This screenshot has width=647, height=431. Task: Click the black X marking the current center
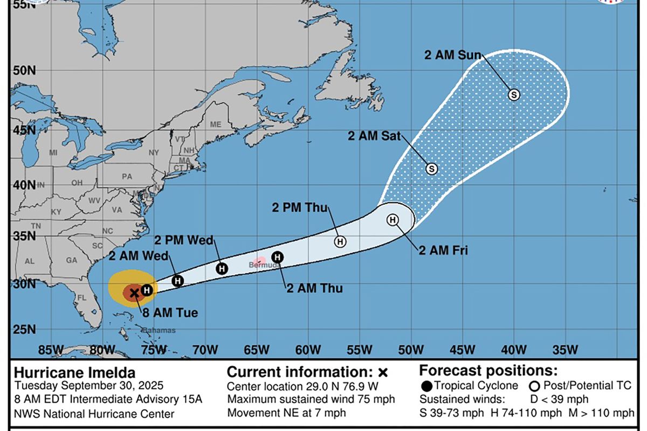(x=134, y=293)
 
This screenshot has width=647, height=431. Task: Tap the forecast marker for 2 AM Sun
(x=514, y=95)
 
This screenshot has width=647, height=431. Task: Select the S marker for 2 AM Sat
(x=431, y=169)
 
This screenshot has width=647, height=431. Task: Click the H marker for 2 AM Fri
(x=393, y=220)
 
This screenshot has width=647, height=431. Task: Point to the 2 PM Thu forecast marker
(x=340, y=241)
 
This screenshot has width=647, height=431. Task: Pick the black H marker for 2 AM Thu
(x=277, y=257)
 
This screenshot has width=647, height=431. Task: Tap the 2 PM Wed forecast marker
(x=222, y=268)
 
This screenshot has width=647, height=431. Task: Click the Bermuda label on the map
(x=264, y=266)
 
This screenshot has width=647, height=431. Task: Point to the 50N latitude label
(x=20, y=71)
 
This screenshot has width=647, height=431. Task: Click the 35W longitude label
(x=565, y=350)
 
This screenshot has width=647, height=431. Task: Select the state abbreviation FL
(x=82, y=297)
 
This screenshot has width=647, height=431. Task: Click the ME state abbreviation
(x=216, y=124)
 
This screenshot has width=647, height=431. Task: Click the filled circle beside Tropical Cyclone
(x=426, y=386)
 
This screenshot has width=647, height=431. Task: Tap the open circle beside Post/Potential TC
(x=535, y=386)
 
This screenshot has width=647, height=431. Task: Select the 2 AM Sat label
(x=374, y=136)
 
